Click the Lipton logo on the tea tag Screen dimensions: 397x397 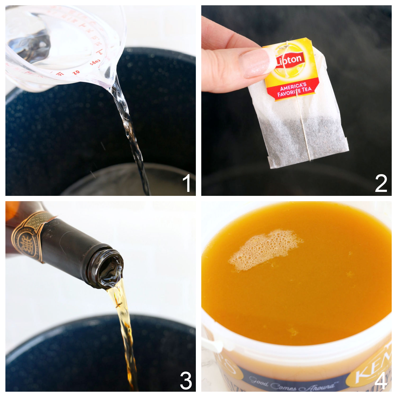(x=290, y=60)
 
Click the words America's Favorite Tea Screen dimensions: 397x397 (x=294, y=89)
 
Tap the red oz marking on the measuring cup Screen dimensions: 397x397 (x=76, y=72)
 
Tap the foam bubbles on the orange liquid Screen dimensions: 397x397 (x=262, y=249)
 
